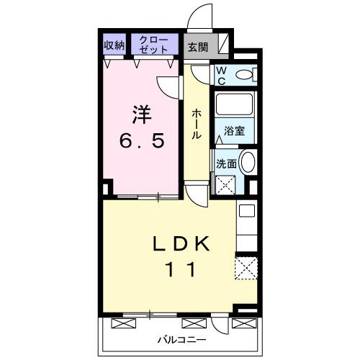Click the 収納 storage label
pyautogui.click(x=114, y=45)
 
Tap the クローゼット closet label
pyautogui.click(x=155, y=45)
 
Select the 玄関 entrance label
pyautogui.click(x=199, y=48)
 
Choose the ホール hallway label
pyautogui.click(x=196, y=124)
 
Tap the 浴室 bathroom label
pyautogui.click(x=234, y=132)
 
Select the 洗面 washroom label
pyautogui.click(x=226, y=163)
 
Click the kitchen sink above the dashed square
pyautogui.click(x=246, y=212)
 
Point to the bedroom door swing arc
pyautogui.click(x=168, y=87)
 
